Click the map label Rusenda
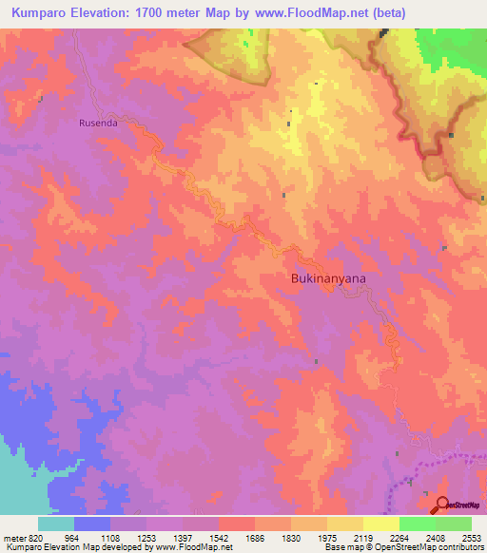(x=97, y=122)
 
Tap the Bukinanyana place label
(x=327, y=278)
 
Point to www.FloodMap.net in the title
(x=303, y=13)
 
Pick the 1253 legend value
(x=145, y=538)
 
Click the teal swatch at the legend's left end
(x=55, y=524)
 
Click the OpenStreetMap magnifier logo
(x=440, y=505)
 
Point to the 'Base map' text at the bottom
(x=343, y=548)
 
